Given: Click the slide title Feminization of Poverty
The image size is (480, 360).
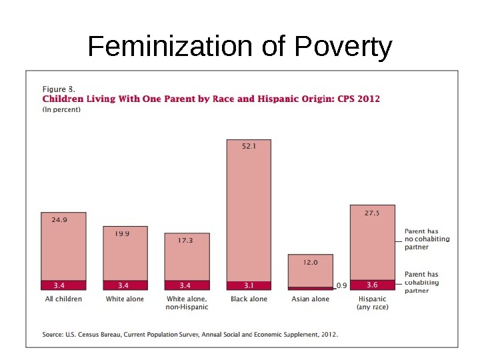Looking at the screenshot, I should [240, 47].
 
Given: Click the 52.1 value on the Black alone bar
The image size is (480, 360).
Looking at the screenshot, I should [249, 148].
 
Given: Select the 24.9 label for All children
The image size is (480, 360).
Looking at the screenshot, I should [59, 219].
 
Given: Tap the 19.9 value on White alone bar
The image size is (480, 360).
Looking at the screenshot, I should [121, 233].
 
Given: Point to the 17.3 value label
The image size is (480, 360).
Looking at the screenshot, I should [185, 240].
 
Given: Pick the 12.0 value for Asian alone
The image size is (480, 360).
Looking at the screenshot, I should [311, 263].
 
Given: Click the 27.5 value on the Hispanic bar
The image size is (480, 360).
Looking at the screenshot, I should [372, 213].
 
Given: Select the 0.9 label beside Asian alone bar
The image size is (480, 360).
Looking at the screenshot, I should [341, 285].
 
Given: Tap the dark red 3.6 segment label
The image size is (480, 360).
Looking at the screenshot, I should [372, 285].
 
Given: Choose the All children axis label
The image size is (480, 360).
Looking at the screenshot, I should [63, 299].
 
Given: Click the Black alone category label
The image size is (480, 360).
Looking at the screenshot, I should [249, 299].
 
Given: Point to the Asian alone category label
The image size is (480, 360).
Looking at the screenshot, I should [311, 299].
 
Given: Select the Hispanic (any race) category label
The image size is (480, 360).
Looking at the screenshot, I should [373, 303].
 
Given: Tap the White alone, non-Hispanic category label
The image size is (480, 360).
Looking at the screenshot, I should [187, 303].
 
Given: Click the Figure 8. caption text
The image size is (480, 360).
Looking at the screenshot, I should [59, 89].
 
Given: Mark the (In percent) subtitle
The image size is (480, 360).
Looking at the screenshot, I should [61, 110].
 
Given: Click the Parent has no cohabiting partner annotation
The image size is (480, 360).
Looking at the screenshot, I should [427, 239].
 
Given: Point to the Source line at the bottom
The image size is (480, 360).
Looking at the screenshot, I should [190, 335].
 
